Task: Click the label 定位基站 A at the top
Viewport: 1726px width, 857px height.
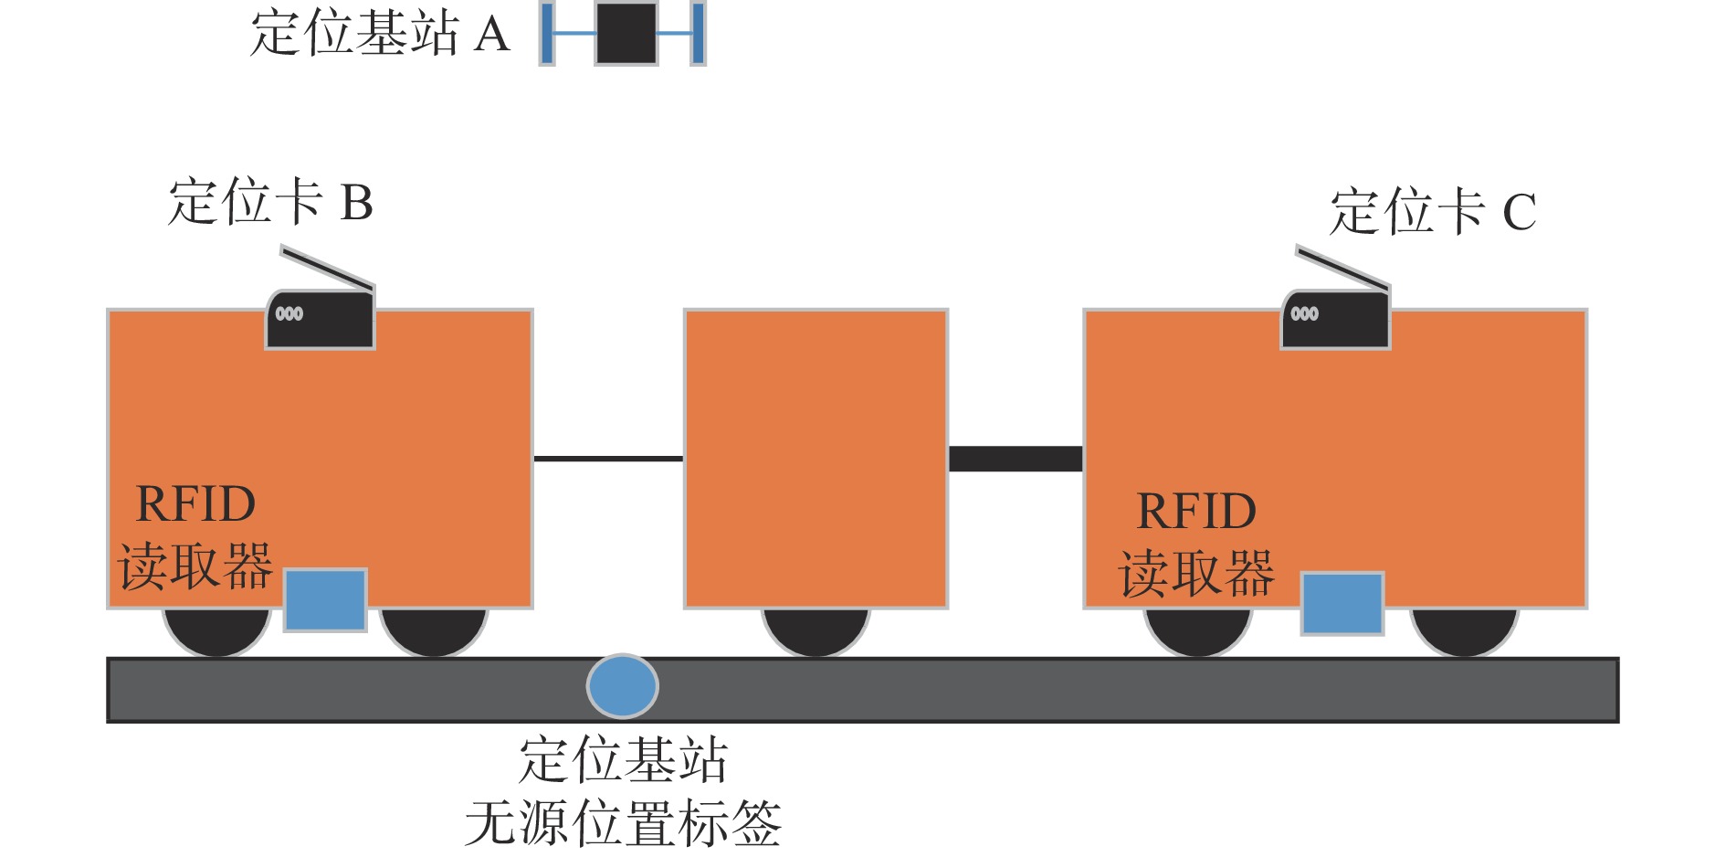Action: point(379,34)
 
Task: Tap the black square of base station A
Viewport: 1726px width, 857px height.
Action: point(626,34)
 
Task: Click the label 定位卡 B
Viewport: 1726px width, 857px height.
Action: point(270,202)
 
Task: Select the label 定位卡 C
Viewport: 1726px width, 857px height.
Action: point(1432,212)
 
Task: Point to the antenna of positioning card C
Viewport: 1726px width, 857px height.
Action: point(1342,267)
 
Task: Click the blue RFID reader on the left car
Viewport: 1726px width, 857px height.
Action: point(325,599)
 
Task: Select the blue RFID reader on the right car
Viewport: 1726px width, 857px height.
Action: point(1342,602)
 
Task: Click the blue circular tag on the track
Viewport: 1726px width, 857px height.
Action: point(622,686)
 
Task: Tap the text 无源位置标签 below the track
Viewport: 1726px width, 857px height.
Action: point(623,823)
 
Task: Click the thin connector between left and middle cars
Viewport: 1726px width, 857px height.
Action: point(608,458)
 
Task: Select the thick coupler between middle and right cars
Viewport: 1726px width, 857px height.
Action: point(1016,458)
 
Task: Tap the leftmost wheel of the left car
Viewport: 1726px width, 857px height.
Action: point(216,631)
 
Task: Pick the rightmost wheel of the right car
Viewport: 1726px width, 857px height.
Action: point(1464,631)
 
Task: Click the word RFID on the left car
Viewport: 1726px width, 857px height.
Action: point(195,503)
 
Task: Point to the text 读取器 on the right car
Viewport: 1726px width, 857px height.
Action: point(1196,574)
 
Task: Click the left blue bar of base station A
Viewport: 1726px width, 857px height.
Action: point(547,34)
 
